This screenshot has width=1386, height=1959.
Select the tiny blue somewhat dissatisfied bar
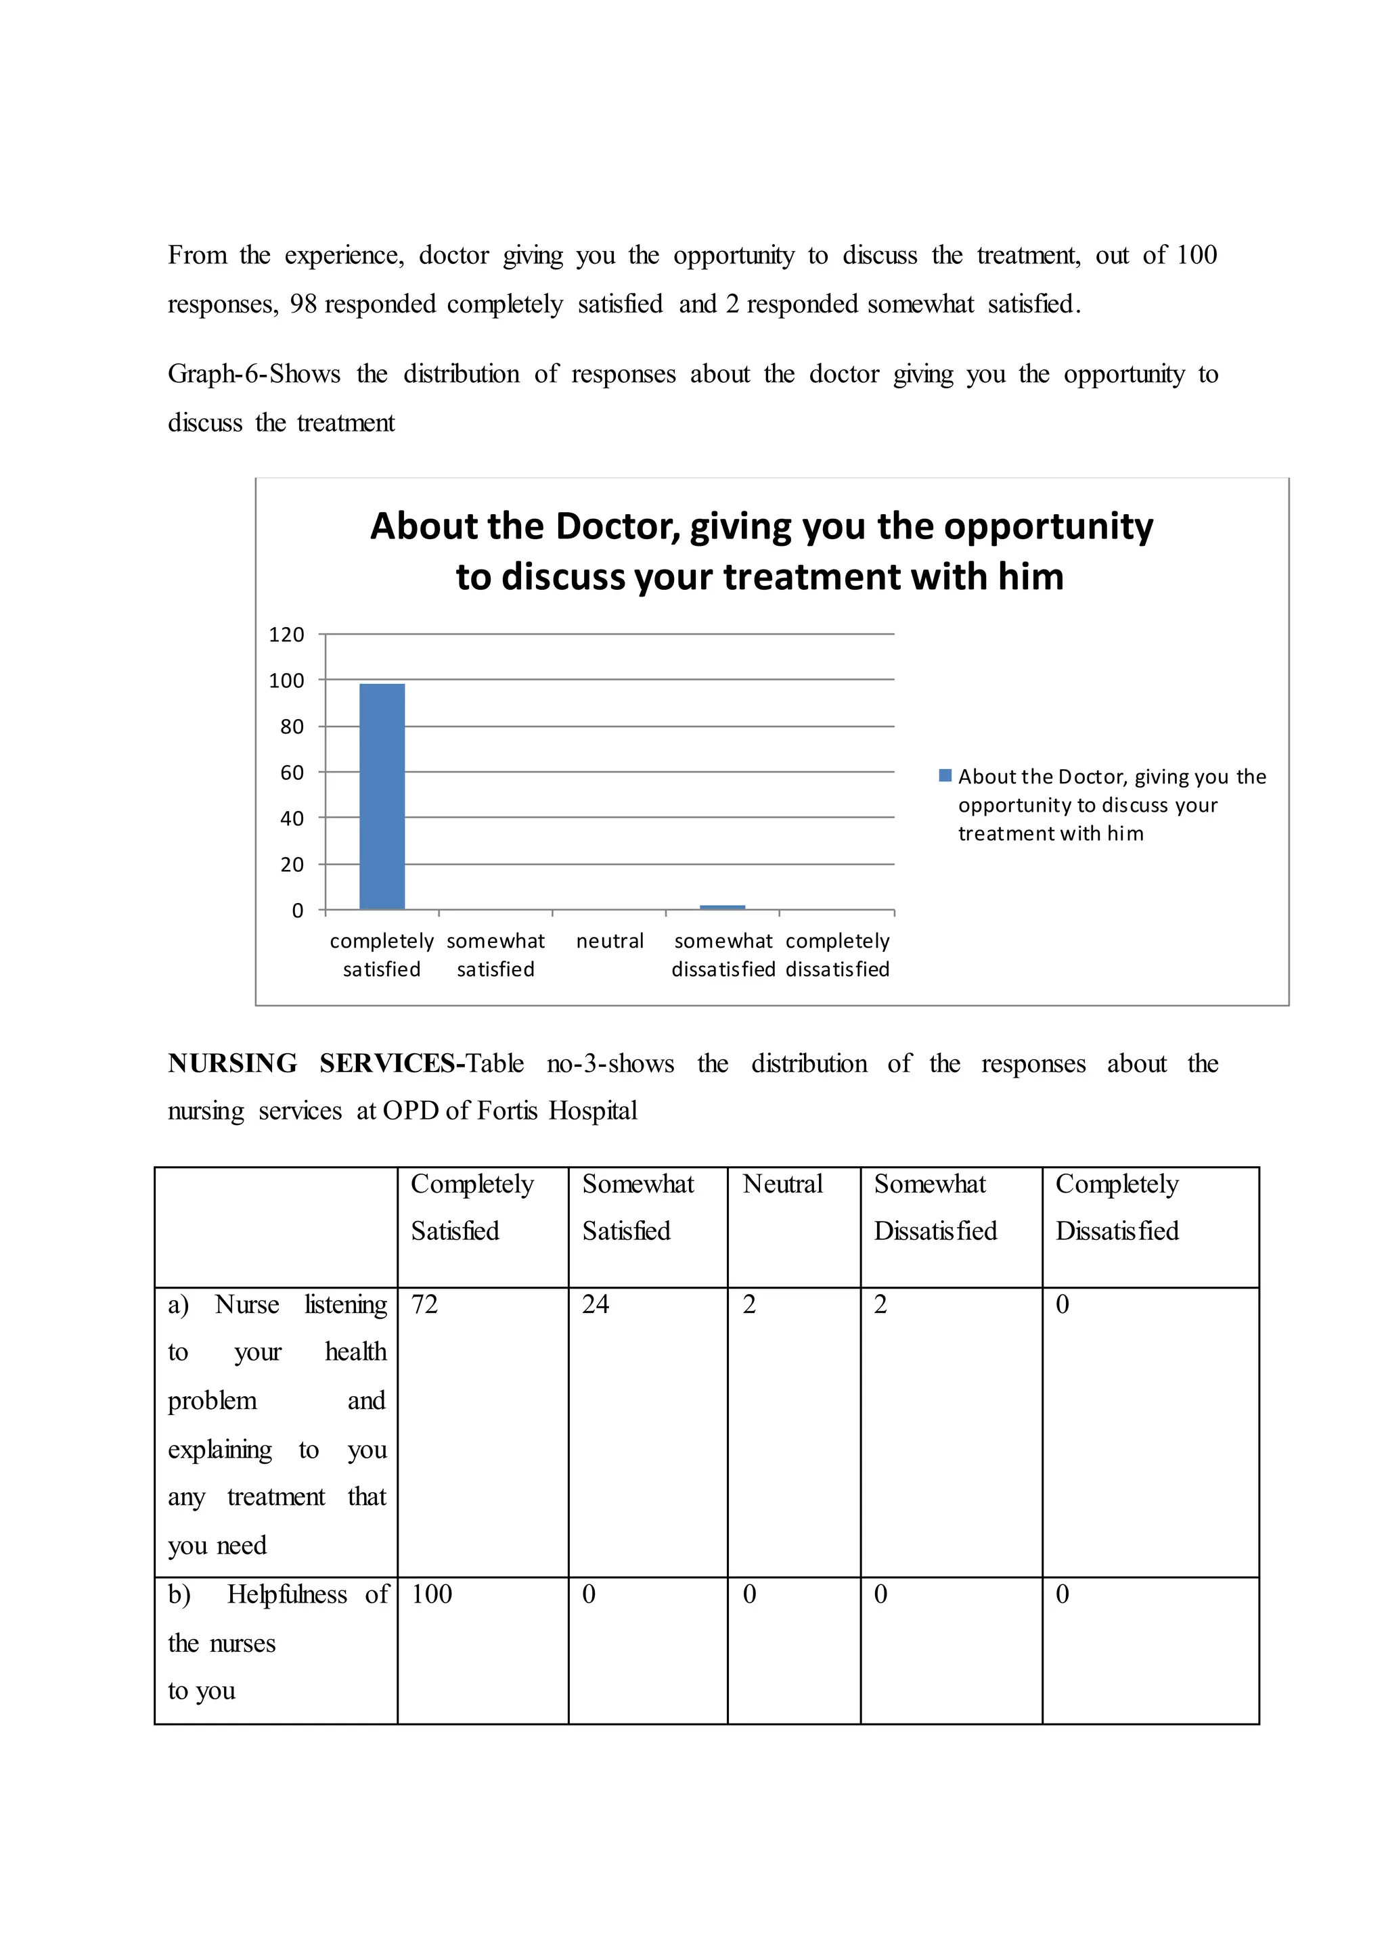coord(722,907)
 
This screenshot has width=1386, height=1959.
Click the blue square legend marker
coord(945,776)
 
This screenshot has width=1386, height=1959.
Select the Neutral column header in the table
coord(782,1184)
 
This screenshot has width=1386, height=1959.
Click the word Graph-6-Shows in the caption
coord(254,375)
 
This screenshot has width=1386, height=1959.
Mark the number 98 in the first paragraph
coord(303,304)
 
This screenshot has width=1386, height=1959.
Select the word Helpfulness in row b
coord(287,1594)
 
